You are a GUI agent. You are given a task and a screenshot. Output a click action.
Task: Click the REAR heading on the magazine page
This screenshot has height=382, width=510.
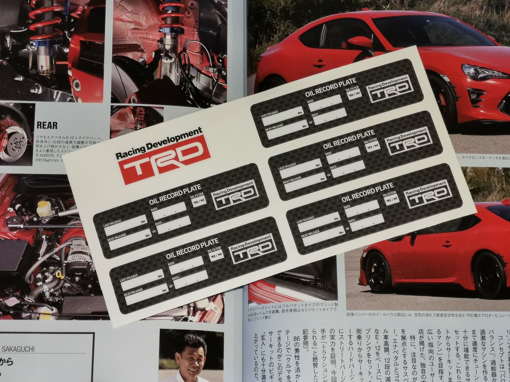point(47,125)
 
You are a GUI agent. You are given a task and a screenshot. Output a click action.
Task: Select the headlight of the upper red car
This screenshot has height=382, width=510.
point(484,72)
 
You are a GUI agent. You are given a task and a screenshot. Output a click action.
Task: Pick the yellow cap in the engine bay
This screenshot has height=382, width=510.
point(44,207)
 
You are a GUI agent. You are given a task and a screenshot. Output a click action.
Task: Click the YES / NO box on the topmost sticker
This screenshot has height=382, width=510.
point(354,95)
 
